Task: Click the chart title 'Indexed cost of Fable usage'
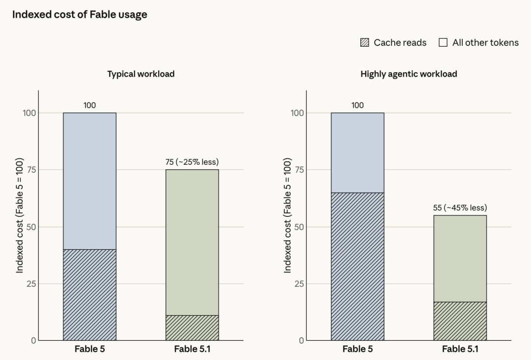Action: pyautogui.click(x=80, y=15)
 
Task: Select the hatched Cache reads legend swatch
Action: pyautogui.click(x=365, y=42)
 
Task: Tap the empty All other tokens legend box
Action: pyautogui.click(x=443, y=42)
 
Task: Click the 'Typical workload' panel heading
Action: pyautogui.click(x=141, y=74)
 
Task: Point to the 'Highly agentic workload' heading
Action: pyautogui.click(x=409, y=74)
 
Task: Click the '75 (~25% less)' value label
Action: pyautogui.click(x=192, y=162)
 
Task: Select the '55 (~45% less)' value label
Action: pyautogui.click(x=460, y=208)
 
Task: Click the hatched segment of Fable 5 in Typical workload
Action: pyautogui.click(x=90, y=295)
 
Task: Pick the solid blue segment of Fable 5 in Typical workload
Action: pyautogui.click(x=90, y=181)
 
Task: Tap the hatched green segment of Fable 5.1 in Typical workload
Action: pyautogui.click(x=192, y=328)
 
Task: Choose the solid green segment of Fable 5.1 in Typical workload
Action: pyautogui.click(x=192, y=242)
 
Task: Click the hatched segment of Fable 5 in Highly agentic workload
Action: pyautogui.click(x=357, y=267)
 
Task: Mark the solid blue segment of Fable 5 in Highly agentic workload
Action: pyautogui.click(x=357, y=153)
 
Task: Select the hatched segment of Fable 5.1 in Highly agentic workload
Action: pyautogui.click(x=460, y=321)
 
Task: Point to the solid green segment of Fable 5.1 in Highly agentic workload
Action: pyautogui.click(x=460, y=258)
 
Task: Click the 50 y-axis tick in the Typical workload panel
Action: pyautogui.click(x=31, y=227)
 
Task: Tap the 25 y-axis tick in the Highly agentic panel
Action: pyautogui.click(x=299, y=284)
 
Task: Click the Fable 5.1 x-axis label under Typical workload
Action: pyautogui.click(x=192, y=349)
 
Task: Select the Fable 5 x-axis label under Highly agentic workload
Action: pyautogui.click(x=357, y=349)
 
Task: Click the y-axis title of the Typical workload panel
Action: pyautogui.click(x=20, y=215)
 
